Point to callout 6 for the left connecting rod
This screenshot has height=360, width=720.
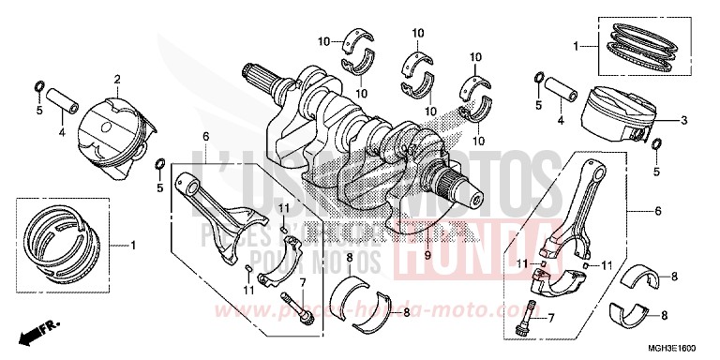pos(204,136)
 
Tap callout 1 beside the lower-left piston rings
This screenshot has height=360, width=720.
pos(133,245)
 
